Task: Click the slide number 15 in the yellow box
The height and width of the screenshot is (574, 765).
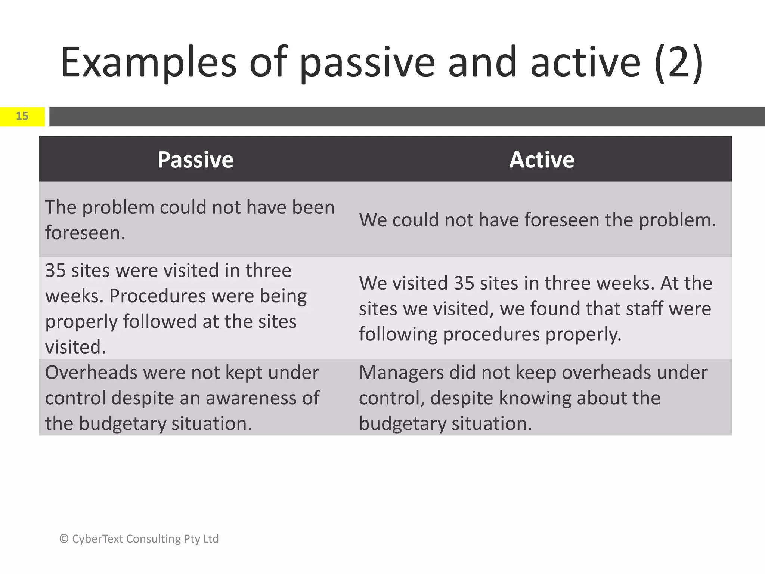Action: [22, 116]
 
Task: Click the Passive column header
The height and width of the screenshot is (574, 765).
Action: [195, 160]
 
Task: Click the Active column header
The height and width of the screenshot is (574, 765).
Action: [542, 160]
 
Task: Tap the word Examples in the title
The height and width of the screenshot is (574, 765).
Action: [148, 63]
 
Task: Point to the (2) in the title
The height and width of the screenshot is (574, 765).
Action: [679, 63]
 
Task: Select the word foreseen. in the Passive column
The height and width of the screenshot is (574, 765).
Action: [85, 233]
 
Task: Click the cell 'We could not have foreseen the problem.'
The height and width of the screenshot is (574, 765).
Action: [537, 220]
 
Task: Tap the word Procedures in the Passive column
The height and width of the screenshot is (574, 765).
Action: [157, 296]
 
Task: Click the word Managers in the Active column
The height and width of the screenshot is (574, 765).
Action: [401, 373]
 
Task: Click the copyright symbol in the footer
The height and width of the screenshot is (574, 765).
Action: [64, 539]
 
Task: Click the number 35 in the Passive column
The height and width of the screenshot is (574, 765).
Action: [55, 271]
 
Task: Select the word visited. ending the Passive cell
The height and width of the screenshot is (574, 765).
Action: [75, 347]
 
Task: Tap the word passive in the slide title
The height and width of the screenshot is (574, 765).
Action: [367, 63]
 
